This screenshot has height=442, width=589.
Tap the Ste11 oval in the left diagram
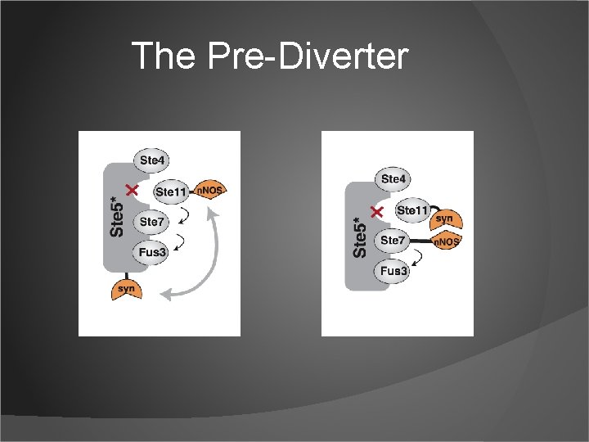(x=171, y=192)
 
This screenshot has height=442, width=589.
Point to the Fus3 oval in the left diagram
(x=152, y=252)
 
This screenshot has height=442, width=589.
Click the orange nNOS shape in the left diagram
(x=208, y=190)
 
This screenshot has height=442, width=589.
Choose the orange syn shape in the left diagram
(x=125, y=288)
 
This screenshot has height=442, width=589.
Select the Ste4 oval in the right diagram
(x=393, y=178)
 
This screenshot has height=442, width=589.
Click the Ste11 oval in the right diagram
(x=411, y=210)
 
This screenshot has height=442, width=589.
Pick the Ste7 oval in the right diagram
(x=393, y=240)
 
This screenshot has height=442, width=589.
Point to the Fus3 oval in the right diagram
(x=393, y=270)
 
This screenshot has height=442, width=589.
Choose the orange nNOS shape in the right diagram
(x=445, y=242)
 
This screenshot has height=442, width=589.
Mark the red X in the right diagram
(x=377, y=212)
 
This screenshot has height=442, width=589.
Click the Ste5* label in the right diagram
(x=360, y=237)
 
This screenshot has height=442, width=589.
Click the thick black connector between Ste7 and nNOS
(x=419, y=241)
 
